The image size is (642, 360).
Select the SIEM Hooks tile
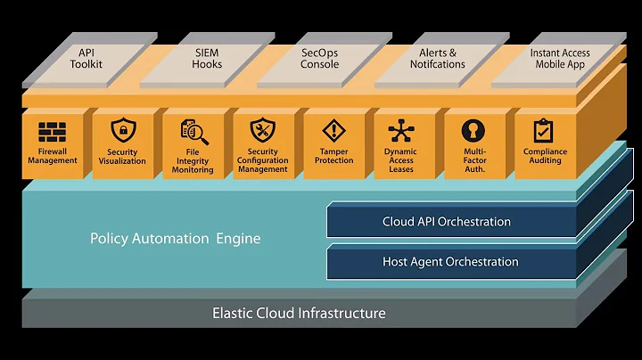pyautogui.click(x=207, y=60)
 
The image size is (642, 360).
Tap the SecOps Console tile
pyautogui.click(x=324, y=60)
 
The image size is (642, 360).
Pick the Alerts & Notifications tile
pyautogui.click(x=441, y=60)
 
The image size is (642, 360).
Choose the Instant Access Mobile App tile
pyautogui.click(x=559, y=60)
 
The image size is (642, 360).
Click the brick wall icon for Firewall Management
pyautogui.click(x=52, y=132)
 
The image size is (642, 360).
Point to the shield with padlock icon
pyautogui.click(x=123, y=130)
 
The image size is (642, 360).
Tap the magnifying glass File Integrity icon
pyautogui.click(x=194, y=132)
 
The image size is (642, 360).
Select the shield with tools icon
pyautogui.click(x=262, y=130)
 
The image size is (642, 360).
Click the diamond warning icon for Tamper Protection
pyautogui.click(x=334, y=131)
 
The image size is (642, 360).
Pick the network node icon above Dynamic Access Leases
pyautogui.click(x=401, y=131)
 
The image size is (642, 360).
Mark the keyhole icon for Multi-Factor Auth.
pyautogui.click(x=473, y=130)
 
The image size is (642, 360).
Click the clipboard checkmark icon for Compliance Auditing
pyautogui.click(x=543, y=130)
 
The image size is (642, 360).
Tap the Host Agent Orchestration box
pyautogui.click(x=451, y=261)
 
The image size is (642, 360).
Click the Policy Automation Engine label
pyautogui.click(x=176, y=239)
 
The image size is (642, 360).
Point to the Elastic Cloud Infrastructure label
pyautogui.click(x=299, y=314)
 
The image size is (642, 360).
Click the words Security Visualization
pyautogui.click(x=122, y=156)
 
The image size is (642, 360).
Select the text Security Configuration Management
pyautogui.click(x=262, y=160)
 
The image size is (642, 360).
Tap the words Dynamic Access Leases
pyautogui.click(x=401, y=160)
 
